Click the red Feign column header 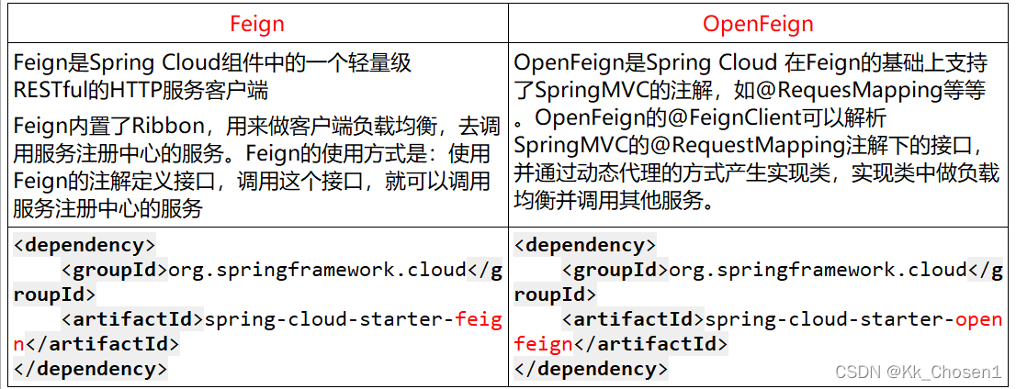(x=256, y=23)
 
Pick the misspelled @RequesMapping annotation (x=845, y=90)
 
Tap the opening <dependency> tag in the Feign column (x=85, y=245)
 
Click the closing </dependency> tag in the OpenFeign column (x=592, y=370)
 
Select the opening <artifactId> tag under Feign (x=131, y=319)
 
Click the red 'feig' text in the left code (x=479, y=319)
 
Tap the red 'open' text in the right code (x=978, y=319)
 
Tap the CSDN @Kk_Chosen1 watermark (x=918, y=372)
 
